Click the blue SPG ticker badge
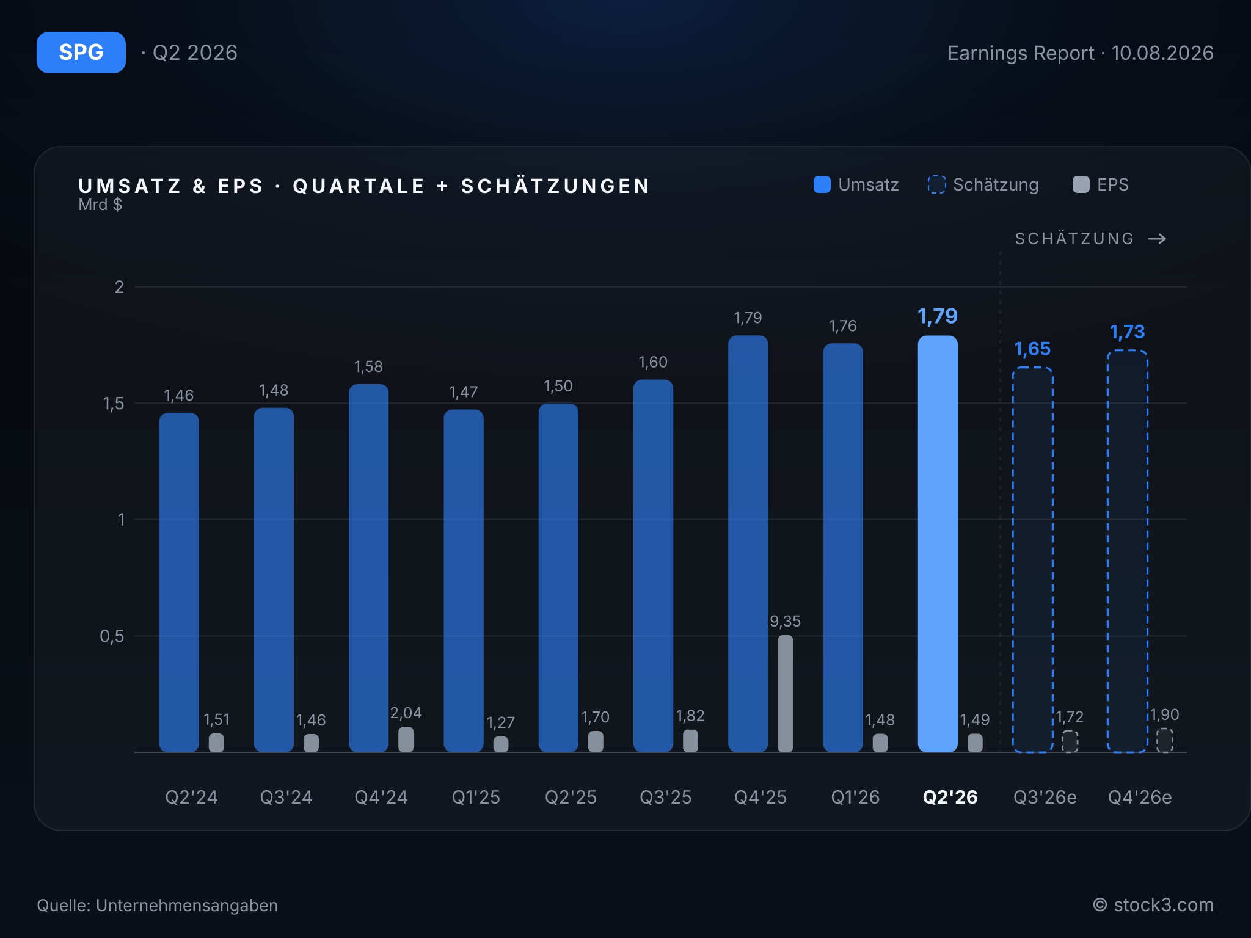[81, 53]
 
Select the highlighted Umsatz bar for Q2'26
[938, 544]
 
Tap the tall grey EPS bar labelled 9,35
[786, 694]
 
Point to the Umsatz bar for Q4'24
[369, 568]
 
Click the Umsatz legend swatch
[822, 184]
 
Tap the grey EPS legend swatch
[1081, 184]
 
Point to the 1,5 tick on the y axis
[114, 404]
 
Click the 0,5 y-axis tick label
[112, 636]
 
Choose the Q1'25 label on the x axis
[476, 797]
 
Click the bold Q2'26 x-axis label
[950, 797]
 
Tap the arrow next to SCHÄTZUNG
[1158, 239]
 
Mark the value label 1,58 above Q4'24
[369, 367]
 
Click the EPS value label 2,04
[406, 713]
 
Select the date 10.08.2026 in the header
[1162, 53]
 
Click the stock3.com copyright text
[1153, 905]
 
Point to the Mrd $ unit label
[100, 205]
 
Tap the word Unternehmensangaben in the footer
[187, 905]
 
